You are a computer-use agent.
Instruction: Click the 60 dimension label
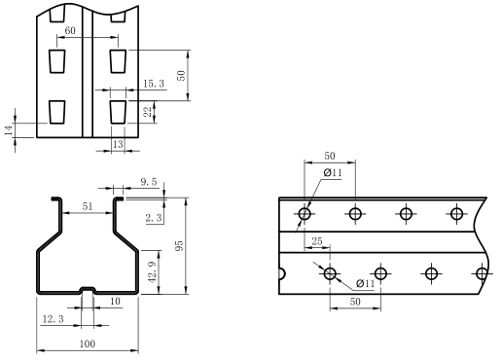(70, 30)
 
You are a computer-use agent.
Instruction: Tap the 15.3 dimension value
(154, 84)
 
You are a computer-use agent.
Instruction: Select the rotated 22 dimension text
(148, 112)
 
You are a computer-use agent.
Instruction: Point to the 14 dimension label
(9, 130)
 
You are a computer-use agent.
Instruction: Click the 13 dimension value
(118, 144)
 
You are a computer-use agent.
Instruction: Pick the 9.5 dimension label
(149, 182)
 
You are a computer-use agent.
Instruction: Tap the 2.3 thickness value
(154, 218)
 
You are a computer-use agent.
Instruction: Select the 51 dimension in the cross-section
(88, 206)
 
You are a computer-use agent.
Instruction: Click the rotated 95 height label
(179, 245)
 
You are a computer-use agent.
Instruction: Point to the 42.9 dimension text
(153, 271)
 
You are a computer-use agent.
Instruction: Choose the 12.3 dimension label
(54, 319)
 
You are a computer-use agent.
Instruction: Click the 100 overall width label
(88, 343)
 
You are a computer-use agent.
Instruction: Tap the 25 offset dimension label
(317, 241)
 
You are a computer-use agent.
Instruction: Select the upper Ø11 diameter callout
(333, 172)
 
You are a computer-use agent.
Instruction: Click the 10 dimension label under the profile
(115, 302)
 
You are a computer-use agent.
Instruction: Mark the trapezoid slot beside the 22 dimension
(118, 112)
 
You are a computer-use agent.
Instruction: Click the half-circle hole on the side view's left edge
(282, 273)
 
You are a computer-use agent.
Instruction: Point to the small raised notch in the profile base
(88, 289)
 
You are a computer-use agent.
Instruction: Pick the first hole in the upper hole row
(305, 214)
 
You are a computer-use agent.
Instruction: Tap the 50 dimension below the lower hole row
(355, 302)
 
